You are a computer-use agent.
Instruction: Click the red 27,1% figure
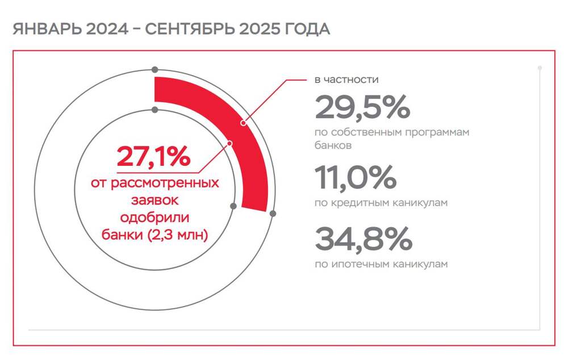click(x=153, y=157)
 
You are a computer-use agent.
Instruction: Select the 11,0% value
click(x=355, y=178)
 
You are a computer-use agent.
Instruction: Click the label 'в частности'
click(x=346, y=79)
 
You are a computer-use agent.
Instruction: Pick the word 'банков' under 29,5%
click(x=333, y=145)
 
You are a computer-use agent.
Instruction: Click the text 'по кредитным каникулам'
click(x=381, y=203)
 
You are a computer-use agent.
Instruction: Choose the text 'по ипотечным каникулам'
click(x=381, y=264)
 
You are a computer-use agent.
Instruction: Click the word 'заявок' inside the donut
click(x=154, y=201)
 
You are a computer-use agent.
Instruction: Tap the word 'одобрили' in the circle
click(x=154, y=218)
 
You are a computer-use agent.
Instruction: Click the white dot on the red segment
click(x=243, y=123)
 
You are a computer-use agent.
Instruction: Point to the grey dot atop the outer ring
click(x=154, y=70)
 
